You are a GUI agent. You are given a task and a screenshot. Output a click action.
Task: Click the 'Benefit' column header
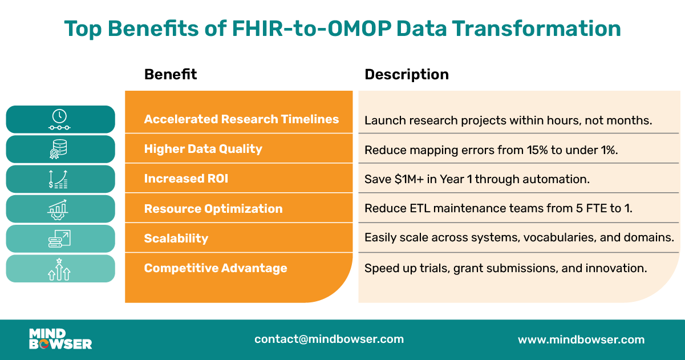pos(170,74)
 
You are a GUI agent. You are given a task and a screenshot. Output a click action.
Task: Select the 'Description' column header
pos(406,74)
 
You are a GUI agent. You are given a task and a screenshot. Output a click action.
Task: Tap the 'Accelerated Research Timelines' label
pos(241,119)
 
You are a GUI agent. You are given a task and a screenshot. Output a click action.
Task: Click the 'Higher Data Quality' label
pos(203,149)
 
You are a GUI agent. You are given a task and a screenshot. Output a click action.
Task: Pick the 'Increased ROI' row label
pos(186,179)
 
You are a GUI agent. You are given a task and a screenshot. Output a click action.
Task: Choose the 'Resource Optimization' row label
pos(213,209)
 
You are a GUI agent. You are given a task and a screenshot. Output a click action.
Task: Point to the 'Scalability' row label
pos(176,238)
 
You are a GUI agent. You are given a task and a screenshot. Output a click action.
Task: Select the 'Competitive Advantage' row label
pos(215,268)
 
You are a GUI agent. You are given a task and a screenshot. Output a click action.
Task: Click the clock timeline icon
pos(60,119)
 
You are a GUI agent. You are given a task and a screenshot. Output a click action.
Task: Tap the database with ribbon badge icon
pos(60,149)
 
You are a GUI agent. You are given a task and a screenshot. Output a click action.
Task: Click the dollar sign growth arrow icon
pos(60,179)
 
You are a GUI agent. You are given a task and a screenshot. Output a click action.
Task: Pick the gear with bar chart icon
pos(60,209)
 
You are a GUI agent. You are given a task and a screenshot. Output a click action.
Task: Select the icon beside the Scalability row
pos(60,238)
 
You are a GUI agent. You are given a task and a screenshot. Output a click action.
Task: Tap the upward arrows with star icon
pos(60,269)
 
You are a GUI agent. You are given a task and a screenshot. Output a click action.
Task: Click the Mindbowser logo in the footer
pos(60,339)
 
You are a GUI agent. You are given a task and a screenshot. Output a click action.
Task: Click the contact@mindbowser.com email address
pos(329,339)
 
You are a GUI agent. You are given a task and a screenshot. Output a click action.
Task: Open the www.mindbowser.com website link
pos(581,339)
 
